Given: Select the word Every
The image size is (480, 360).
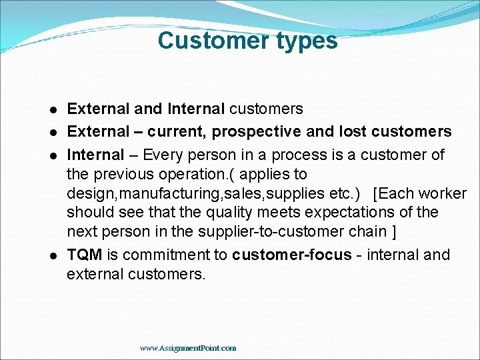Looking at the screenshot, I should coord(162,155).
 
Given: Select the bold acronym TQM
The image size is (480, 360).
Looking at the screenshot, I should coord(85,255).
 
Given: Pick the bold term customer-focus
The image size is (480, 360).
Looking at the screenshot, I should coord(291,255).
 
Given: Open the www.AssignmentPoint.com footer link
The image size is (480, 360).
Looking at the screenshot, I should coord(188,348).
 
